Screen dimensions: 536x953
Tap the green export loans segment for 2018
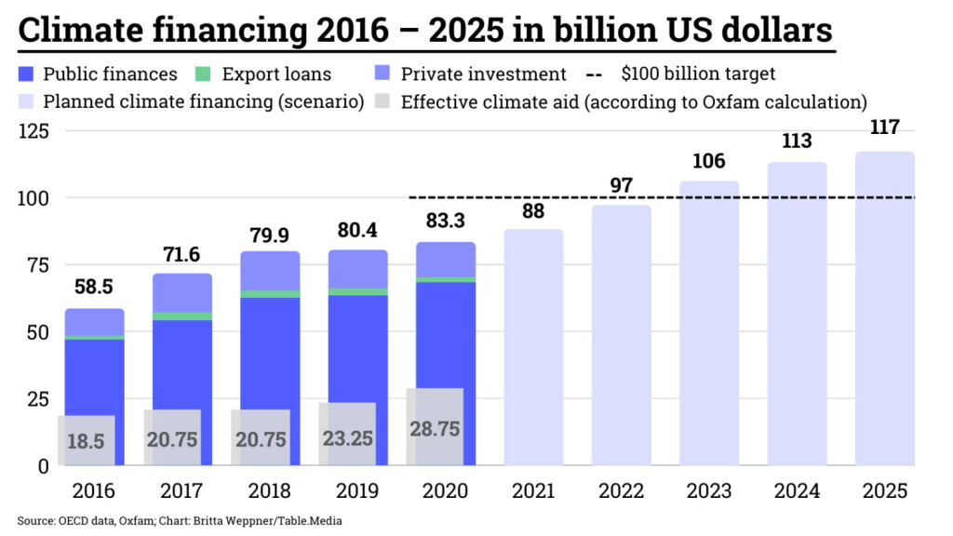tap(271, 294)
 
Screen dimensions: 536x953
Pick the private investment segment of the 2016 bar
tap(94, 322)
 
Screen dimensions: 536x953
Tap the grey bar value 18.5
tap(86, 441)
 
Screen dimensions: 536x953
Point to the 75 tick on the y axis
tap(37, 265)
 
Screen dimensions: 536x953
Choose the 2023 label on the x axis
tap(709, 491)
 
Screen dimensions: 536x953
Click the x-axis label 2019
tap(358, 491)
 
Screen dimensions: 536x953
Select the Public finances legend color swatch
tap(27, 74)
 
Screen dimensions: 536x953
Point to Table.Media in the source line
tap(315, 521)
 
